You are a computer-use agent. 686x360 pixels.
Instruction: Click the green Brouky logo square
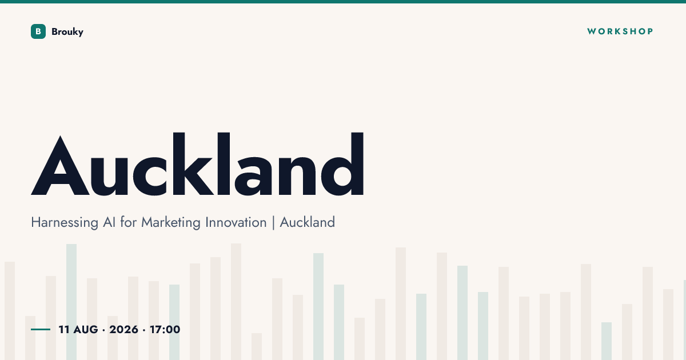tap(38, 31)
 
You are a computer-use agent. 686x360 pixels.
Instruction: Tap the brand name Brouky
tap(67, 32)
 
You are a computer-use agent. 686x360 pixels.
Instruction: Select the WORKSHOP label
tap(620, 31)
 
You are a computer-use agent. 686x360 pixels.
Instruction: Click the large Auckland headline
tap(197, 164)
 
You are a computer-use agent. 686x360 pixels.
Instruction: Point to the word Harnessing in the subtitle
tap(65, 222)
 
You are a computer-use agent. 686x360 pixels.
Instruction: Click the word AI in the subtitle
tap(109, 222)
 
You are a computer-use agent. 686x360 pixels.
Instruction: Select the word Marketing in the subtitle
tap(170, 222)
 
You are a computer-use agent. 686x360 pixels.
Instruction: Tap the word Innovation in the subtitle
tap(236, 222)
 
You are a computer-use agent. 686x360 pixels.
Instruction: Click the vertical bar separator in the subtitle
tap(273, 222)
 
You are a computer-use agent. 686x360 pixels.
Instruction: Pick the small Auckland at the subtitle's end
tap(308, 222)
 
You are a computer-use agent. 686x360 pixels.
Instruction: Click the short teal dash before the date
tap(41, 329)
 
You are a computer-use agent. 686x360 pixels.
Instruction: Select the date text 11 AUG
tap(78, 329)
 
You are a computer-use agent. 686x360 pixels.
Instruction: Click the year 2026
tap(123, 329)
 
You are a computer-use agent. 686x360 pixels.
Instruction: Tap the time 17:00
tap(165, 329)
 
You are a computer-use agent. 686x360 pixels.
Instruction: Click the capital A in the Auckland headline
tap(61, 165)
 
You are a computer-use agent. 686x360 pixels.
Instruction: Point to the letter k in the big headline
tap(193, 164)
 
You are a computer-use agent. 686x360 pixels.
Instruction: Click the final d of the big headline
tap(342, 164)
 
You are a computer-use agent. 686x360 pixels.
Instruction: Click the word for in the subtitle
tap(128, 222)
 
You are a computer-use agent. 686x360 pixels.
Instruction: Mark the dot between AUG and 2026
tap(104, 330)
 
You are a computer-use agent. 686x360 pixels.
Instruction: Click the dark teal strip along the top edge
tap(343, 2)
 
